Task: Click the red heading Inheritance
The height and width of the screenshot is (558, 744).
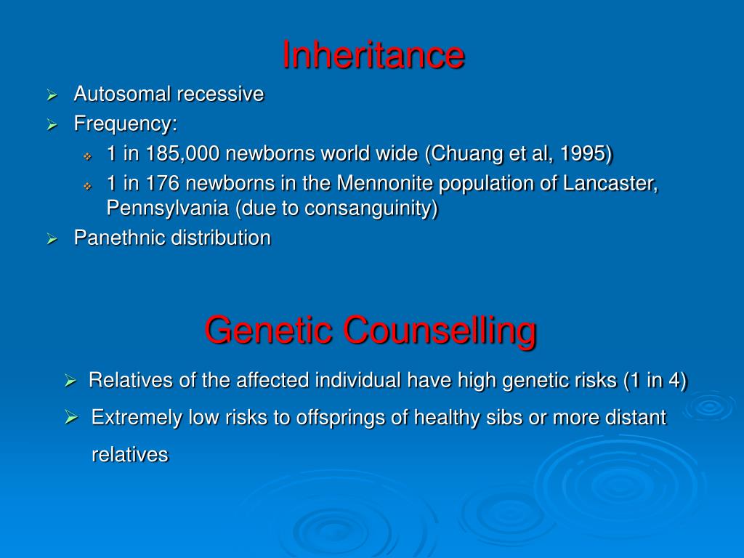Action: tap(373, 55)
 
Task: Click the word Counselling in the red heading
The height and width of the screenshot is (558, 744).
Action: tap(440, 330)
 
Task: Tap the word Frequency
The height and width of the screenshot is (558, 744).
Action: tap(123, 124)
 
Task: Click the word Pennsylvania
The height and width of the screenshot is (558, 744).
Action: tap(168, 209)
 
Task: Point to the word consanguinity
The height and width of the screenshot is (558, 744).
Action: tap(370, 209)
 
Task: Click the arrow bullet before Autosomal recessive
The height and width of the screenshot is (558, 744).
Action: tap(52, 94)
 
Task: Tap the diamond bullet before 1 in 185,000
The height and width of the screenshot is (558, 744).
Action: tap(87, 155)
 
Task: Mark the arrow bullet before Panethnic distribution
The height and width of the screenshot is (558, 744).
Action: tap(52, 238)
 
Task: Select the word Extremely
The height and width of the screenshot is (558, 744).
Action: tap(137, 418)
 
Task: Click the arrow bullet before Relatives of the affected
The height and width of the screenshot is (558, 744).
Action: tap(70, 380)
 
